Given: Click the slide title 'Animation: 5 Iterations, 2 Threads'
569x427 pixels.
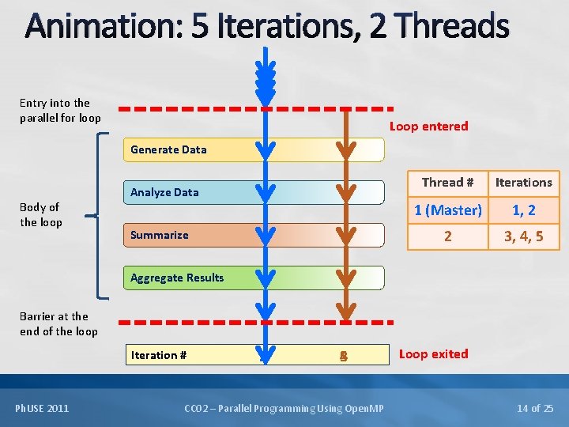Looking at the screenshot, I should point(267,25).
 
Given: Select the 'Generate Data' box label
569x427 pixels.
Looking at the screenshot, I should point(168,149).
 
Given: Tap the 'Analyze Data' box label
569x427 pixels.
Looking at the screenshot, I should point(164,192).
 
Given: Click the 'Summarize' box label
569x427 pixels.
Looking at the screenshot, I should point(160,235).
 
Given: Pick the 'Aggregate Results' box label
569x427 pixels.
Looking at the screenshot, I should point(177,278).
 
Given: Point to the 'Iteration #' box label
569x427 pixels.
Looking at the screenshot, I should point(159,355).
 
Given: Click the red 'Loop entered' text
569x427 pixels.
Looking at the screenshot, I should point(428,126).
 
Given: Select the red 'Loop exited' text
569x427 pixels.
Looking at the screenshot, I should point(433,353).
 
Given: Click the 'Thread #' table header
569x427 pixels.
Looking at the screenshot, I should point(447,183).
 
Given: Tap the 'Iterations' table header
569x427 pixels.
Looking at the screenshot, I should point(523,183).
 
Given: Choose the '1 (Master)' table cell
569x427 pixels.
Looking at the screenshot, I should point(448,210).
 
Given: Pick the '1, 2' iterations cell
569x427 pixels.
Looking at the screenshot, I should point(523,210).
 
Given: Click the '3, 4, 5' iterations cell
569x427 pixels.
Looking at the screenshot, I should point(523,236).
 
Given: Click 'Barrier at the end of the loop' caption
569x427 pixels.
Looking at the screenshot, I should point(58,323).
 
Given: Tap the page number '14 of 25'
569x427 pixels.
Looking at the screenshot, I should point(534,408).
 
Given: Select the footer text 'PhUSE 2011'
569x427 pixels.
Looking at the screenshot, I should point(42,408).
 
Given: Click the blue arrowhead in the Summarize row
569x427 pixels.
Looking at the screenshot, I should point(266,234).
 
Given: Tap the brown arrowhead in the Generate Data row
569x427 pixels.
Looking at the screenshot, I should point(345,149).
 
